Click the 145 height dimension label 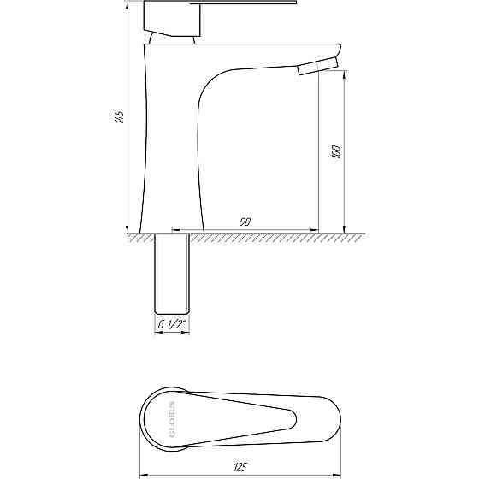point(120,116)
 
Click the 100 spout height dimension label point(335,151)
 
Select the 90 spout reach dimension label point(245,222)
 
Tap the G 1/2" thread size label point(172,324)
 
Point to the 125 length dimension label point(239,467)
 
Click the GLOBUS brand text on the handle point(172,419)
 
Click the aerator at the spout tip point(318,67)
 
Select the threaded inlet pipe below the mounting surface point(172,274)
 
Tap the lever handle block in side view point(172,19)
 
